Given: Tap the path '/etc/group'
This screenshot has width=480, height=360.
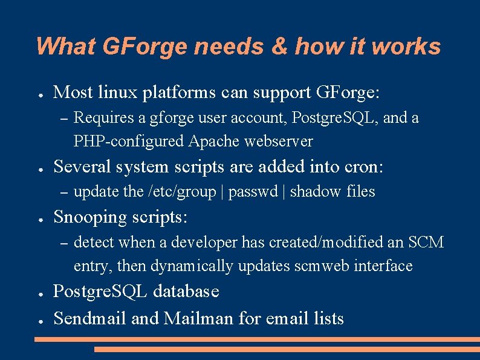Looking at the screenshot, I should click(x=182, y=192).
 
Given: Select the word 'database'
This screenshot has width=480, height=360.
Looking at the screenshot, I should click(x=186, y=292).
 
